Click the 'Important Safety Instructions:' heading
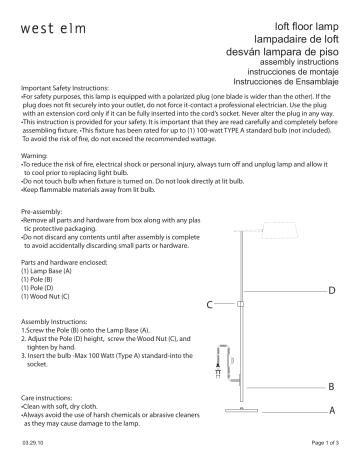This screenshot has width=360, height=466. (x=62, y=89)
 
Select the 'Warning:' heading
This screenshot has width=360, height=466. (x=36, y=156)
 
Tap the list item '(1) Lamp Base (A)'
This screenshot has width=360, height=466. (x=50, y=272)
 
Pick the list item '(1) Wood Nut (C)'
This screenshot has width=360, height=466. (x=50, y=297)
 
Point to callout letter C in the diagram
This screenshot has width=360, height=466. (x=211, y=303)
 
